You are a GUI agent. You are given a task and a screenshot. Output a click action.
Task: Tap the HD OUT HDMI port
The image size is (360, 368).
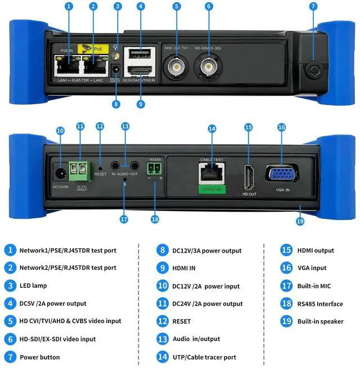click(x=249, y=176)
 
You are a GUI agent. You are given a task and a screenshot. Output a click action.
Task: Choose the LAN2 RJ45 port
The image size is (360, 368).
click(x=94, y=68)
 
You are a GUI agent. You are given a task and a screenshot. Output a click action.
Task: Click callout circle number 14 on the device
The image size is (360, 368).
click(x=211, y=129)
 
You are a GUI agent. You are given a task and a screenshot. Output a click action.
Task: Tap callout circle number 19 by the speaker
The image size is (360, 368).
click(x=300, y=221)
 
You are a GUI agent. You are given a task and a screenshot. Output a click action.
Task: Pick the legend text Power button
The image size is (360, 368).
click(x=39, y=357)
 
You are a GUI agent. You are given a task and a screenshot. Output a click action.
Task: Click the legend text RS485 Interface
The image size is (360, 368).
click(x=319, y=304)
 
